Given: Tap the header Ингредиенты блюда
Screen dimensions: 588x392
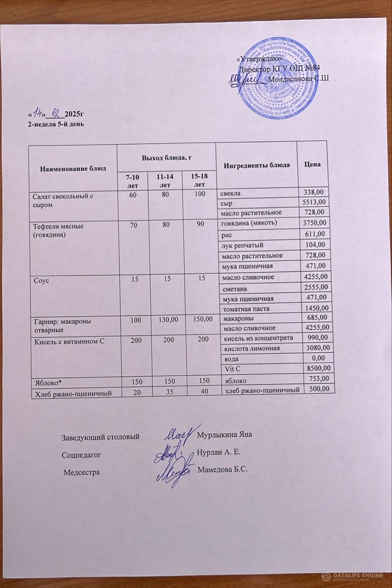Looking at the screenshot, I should coord(256,165).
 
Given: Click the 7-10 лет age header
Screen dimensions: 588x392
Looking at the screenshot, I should coord(132,181).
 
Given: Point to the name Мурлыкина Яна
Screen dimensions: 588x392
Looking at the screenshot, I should coord(224,435).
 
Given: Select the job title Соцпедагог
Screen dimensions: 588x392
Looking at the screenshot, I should coord(81,455).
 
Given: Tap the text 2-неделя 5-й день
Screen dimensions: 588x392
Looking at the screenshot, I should coord(56,124).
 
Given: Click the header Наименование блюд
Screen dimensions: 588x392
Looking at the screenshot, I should coord(73,169).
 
